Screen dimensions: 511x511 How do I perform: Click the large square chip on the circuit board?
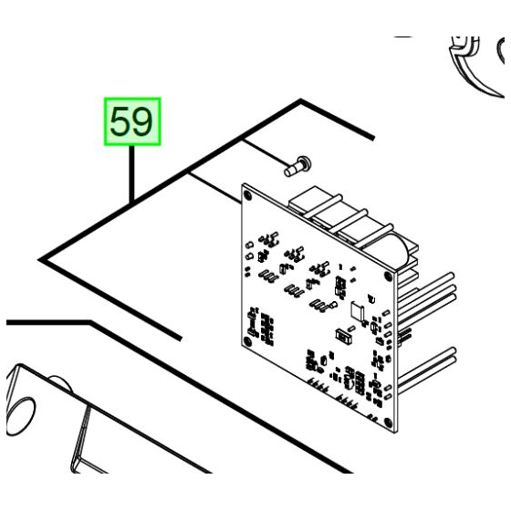[358, 312]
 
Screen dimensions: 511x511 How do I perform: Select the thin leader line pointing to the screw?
[265, 153]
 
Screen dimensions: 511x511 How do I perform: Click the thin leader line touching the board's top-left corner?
[219, 186]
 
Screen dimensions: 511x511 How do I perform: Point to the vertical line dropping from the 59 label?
[134, 173]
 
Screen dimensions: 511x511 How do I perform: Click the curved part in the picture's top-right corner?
[474, 64]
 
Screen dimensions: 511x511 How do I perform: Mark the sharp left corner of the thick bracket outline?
[43, 261]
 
